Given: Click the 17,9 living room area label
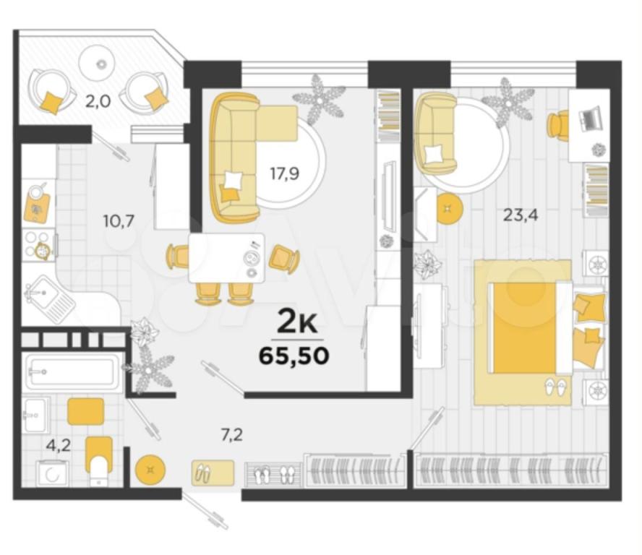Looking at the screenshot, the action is [284, 174].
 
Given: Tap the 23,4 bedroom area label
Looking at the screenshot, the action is [521, 215].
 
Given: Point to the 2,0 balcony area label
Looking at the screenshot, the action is [98, 100].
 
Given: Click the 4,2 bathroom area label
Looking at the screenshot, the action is [58, 445].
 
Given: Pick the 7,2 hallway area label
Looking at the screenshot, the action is [232, 435].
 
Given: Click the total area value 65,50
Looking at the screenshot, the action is [294, 356].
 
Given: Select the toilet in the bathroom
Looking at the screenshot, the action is [98, 460].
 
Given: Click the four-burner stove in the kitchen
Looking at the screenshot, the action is [38, 246].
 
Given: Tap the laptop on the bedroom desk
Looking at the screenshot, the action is [590, 116].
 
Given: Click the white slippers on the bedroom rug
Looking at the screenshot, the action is [556, 387].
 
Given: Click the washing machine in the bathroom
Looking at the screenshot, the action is [52, 473].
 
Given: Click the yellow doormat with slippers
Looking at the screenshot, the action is [213, 473].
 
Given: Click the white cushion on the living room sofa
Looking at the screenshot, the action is [234, 181].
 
